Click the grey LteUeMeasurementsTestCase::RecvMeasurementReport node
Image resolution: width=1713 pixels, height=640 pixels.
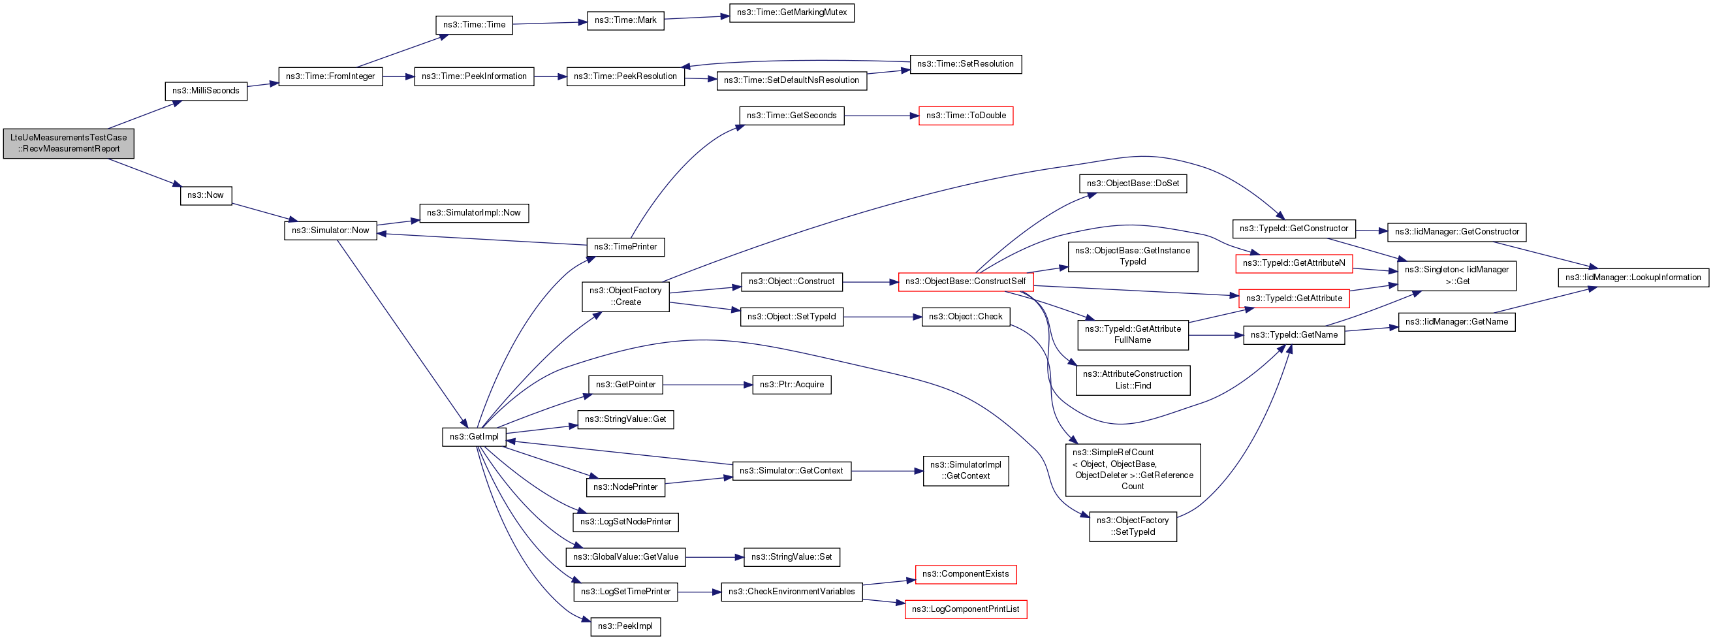69,144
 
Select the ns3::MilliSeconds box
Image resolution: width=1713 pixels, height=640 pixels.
206,91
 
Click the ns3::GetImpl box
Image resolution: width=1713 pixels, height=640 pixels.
474,437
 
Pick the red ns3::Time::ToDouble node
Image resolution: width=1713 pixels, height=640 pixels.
966,116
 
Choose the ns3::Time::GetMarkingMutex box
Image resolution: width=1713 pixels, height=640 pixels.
791,12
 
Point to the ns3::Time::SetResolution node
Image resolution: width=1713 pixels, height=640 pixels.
966,65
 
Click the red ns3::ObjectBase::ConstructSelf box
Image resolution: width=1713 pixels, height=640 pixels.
966,281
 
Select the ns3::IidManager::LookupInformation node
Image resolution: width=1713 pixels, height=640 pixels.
1633,278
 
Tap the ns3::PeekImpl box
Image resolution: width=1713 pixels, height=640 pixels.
625,626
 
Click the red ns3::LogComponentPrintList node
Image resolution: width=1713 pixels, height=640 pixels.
966,609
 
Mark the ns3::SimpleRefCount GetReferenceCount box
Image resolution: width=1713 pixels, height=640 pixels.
1133,470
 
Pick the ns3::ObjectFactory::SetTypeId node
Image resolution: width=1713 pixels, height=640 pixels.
1133,526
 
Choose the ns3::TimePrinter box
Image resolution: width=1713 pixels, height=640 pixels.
625,247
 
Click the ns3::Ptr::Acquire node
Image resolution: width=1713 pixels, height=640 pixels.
791,385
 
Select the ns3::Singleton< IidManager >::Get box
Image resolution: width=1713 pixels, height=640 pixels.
1456,276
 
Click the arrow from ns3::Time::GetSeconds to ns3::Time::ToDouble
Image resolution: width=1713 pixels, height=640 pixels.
881,116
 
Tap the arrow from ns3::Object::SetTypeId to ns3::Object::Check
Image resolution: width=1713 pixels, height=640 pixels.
883,317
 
